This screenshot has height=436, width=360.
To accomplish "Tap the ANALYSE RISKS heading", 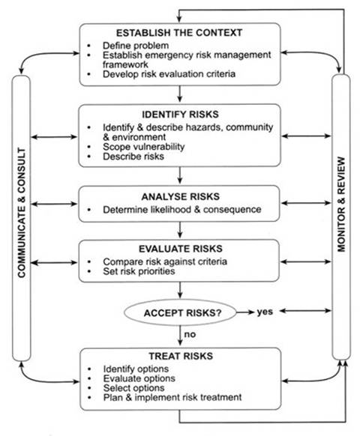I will tap(180, 196).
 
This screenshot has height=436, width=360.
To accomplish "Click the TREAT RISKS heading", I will tap(180, 357).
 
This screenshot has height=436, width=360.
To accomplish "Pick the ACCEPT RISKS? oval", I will tap(180, 310).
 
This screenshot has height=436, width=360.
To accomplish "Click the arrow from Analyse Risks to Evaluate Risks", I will tap(180, 229).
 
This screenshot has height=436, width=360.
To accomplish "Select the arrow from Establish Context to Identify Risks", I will tap(180, 95).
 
